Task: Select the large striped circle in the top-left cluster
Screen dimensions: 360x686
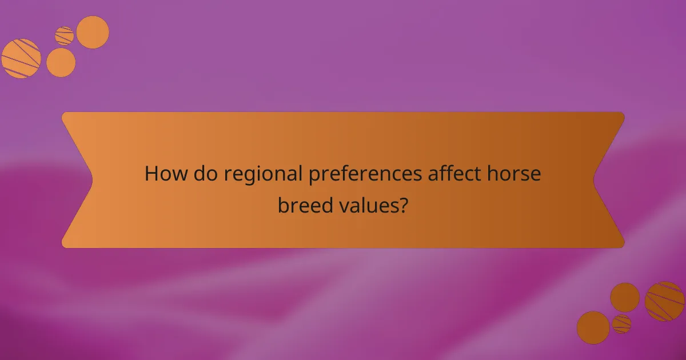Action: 21,58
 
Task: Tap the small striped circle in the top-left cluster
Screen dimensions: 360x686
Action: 65,35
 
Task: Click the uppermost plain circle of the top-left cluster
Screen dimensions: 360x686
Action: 93,32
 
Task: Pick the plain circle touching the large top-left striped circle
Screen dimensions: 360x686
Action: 61,62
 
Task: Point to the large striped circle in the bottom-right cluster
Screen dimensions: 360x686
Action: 665,301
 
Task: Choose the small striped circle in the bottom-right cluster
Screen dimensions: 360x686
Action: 621,324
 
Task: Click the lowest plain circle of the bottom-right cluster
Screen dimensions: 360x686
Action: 593,327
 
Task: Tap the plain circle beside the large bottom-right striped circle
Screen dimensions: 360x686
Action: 625,297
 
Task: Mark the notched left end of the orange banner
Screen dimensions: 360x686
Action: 77,180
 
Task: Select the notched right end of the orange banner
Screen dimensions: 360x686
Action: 609,180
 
